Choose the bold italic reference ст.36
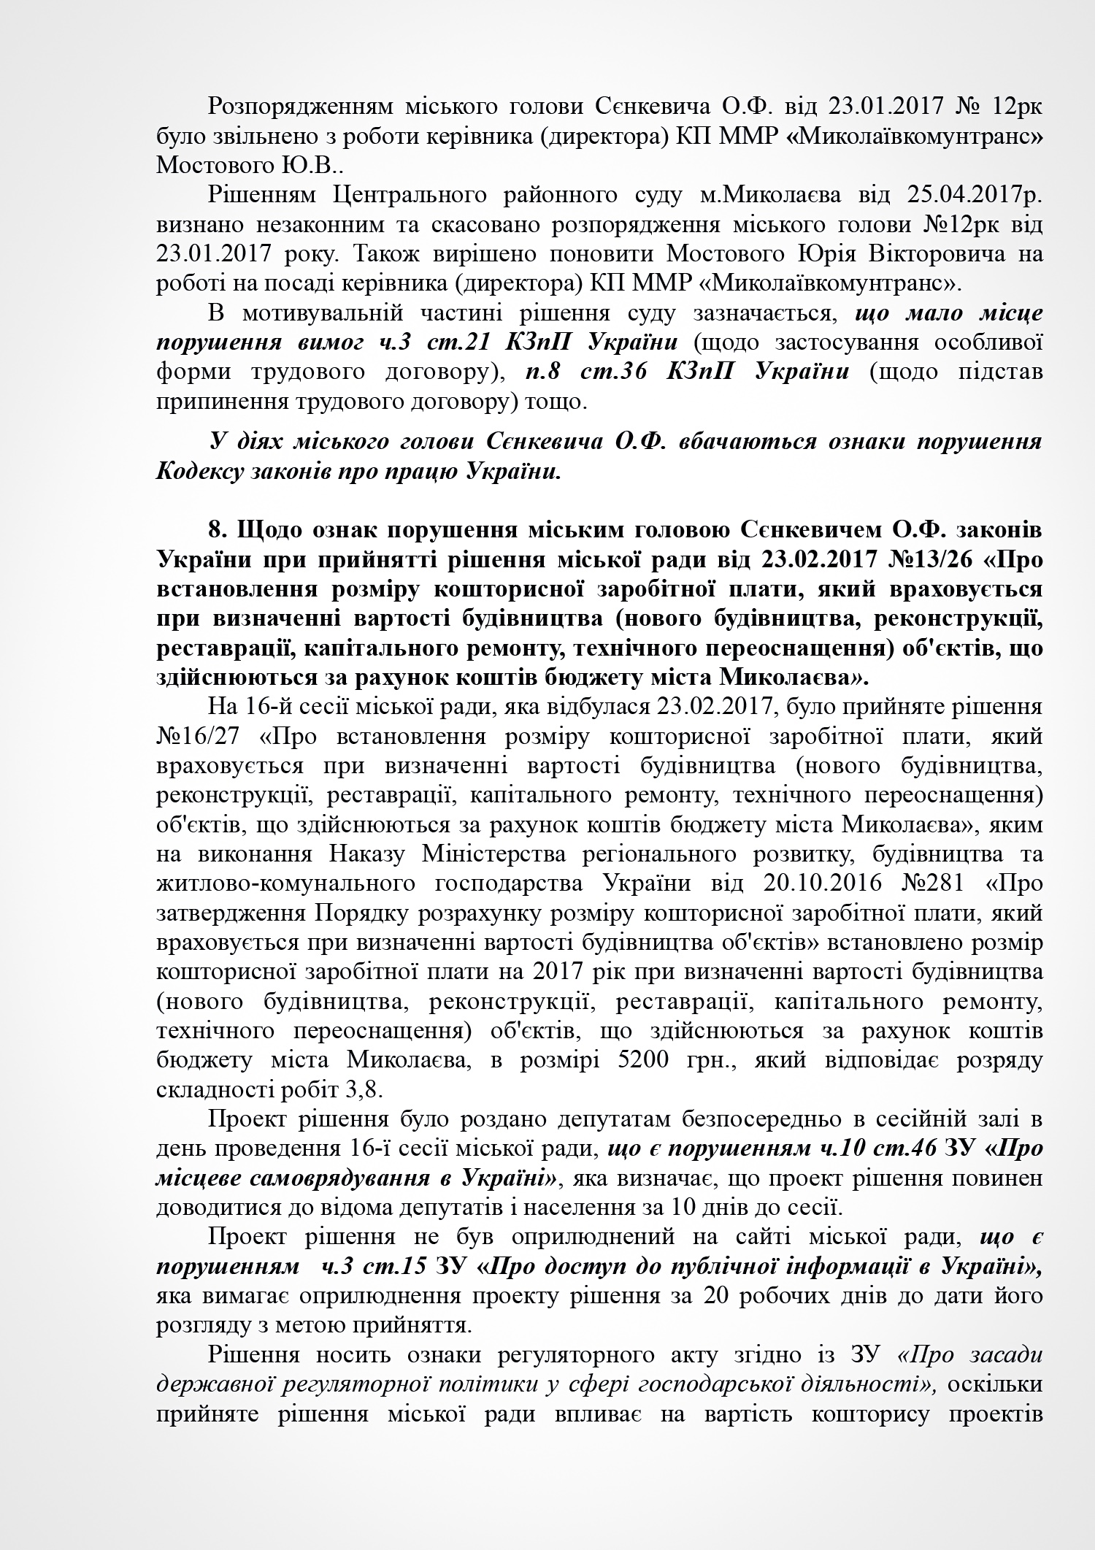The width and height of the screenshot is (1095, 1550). [615, 372]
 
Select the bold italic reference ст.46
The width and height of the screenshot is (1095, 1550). [905, 1148]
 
